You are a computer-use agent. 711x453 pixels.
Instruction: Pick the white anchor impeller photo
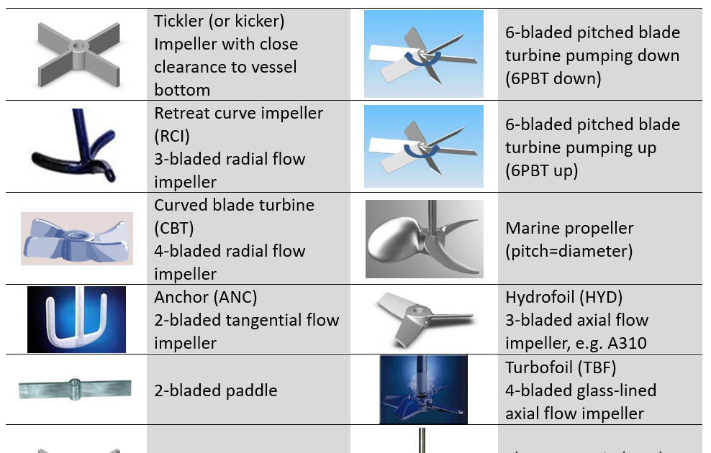pyautogui.click(x=76, y=319)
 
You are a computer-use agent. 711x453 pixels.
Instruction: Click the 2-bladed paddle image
pyautogui.click(x=76, y=389)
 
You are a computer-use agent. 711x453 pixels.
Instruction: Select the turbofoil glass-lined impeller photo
pyautogui.click(x=423, y=389)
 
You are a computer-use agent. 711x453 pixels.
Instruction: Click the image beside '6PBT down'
pyautogui.click(x=423, y=55)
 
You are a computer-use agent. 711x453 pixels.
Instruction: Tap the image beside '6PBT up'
pyautogui.click(x=423, y=147)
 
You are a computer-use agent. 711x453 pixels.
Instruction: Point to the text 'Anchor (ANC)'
pyautogui.click(x=205, y=297)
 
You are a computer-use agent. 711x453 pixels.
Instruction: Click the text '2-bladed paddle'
pyautogui.click(x=215, y=391)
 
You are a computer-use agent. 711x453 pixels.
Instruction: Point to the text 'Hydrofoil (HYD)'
pyautogui.click(x=563, y=297)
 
